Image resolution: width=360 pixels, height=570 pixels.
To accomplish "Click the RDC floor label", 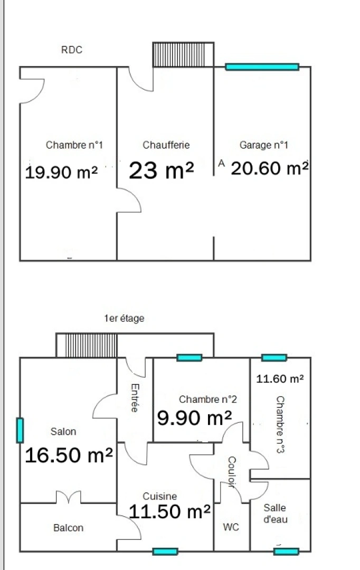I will (72, 50).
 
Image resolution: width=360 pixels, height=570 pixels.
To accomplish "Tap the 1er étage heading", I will (124, 318).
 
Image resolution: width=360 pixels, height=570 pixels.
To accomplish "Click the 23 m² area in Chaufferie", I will (161, 170).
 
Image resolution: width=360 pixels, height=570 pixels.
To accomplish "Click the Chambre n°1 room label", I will (73, 145).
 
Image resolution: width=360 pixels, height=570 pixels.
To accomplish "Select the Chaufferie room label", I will (166, 145).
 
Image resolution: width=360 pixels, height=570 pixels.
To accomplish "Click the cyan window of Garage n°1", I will (262, 67).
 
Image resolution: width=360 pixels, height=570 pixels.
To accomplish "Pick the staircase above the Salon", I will (87, 345).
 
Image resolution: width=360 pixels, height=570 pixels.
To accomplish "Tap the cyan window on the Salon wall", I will (20, 430).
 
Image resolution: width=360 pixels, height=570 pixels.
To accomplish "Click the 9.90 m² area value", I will (195, 418).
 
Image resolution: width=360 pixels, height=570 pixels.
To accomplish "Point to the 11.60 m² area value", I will (280, 378).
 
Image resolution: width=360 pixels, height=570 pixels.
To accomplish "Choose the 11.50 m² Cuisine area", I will (170, 511).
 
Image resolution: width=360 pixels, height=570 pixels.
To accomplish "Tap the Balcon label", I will (68, 528).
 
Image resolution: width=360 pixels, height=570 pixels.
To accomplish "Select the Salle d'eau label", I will (275, 513).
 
